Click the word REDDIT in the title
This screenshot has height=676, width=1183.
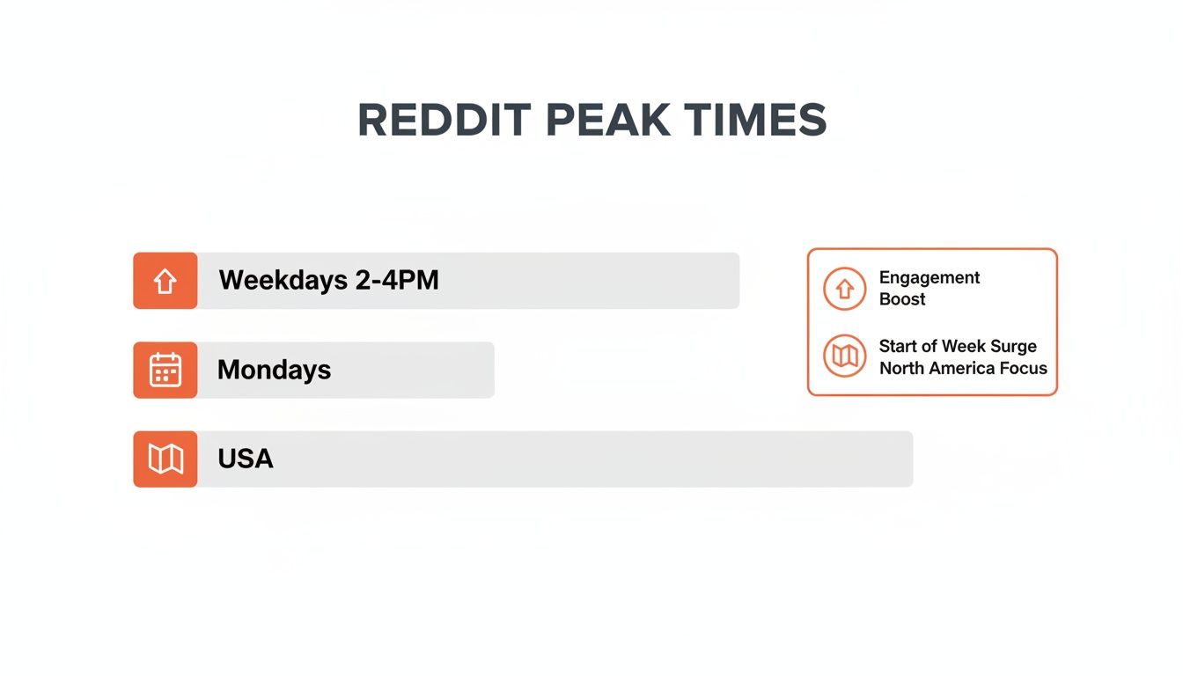[x=444, y=121]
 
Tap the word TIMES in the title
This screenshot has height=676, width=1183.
[x=754, y=121]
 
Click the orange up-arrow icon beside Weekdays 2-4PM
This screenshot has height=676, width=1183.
[x=165, y=281]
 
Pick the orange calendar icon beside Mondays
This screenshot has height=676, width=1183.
[x=165, y=370]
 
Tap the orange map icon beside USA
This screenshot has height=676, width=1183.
[x=165, y=459]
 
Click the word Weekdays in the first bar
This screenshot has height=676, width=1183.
[x=283, y=281]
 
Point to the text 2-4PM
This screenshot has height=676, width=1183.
[x=397, y=281]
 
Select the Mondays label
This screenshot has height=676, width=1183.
[x=274, y=370]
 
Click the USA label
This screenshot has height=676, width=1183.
[x=246, y=459]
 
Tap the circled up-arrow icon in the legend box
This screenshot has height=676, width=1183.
[x=845, y=289]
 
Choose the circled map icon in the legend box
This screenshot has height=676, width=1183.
[x=845, y=356]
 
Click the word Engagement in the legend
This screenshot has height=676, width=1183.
[x=929, y=278]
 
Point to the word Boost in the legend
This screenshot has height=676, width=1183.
[x=902, y=299]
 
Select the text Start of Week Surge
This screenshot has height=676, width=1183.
[x=958, y=346]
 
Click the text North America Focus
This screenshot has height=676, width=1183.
[x=963, y=368]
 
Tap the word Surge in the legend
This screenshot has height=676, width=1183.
[x=1013, y=346]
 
